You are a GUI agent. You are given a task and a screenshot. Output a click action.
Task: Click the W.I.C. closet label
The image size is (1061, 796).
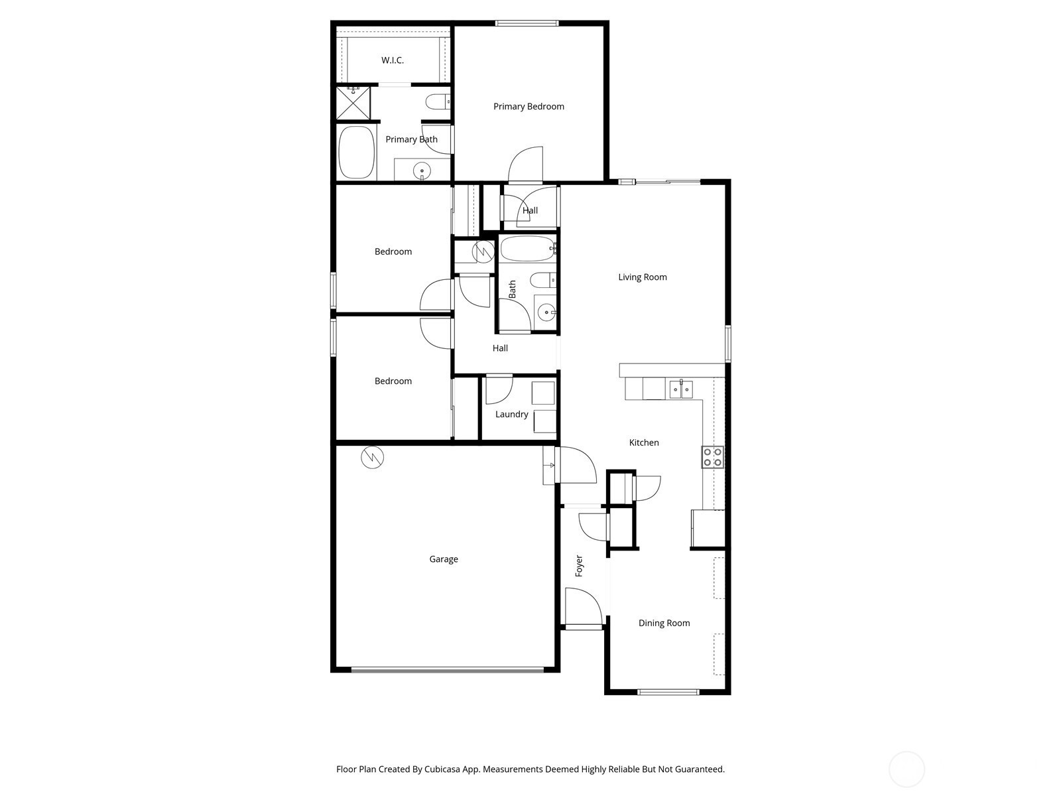coord(392,60)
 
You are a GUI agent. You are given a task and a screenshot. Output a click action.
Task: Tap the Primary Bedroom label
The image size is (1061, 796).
coord(529,106)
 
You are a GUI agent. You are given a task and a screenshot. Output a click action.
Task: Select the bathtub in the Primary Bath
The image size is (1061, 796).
coord(357,153)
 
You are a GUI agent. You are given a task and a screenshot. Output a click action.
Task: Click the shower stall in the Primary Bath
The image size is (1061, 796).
coord(353,102)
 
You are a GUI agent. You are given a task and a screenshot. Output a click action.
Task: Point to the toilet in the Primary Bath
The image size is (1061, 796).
coord(438,102)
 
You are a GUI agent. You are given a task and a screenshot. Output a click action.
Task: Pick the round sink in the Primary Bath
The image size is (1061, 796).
coord(422,170)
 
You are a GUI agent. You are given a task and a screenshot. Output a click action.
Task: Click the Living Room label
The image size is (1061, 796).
coord(643,277)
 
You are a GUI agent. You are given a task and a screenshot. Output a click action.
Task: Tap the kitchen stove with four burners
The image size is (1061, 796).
coord(712,457)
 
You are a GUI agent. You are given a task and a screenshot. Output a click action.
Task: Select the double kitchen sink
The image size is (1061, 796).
coord(681,389)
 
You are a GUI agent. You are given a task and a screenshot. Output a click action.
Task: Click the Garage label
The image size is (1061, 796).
coord(443,559)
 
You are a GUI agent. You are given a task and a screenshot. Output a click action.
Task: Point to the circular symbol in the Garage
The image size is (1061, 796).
coord(372,457)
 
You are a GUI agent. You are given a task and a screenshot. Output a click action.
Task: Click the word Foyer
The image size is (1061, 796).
coord(579,566)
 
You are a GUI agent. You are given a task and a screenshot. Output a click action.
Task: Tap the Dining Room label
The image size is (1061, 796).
coord(664,623)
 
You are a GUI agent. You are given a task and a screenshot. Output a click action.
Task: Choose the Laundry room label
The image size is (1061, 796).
coord(511,414)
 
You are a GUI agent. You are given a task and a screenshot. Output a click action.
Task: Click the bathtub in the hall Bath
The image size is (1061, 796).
coord(528,248)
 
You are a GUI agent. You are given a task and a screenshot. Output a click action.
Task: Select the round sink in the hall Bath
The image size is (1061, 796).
coord(546,312)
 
